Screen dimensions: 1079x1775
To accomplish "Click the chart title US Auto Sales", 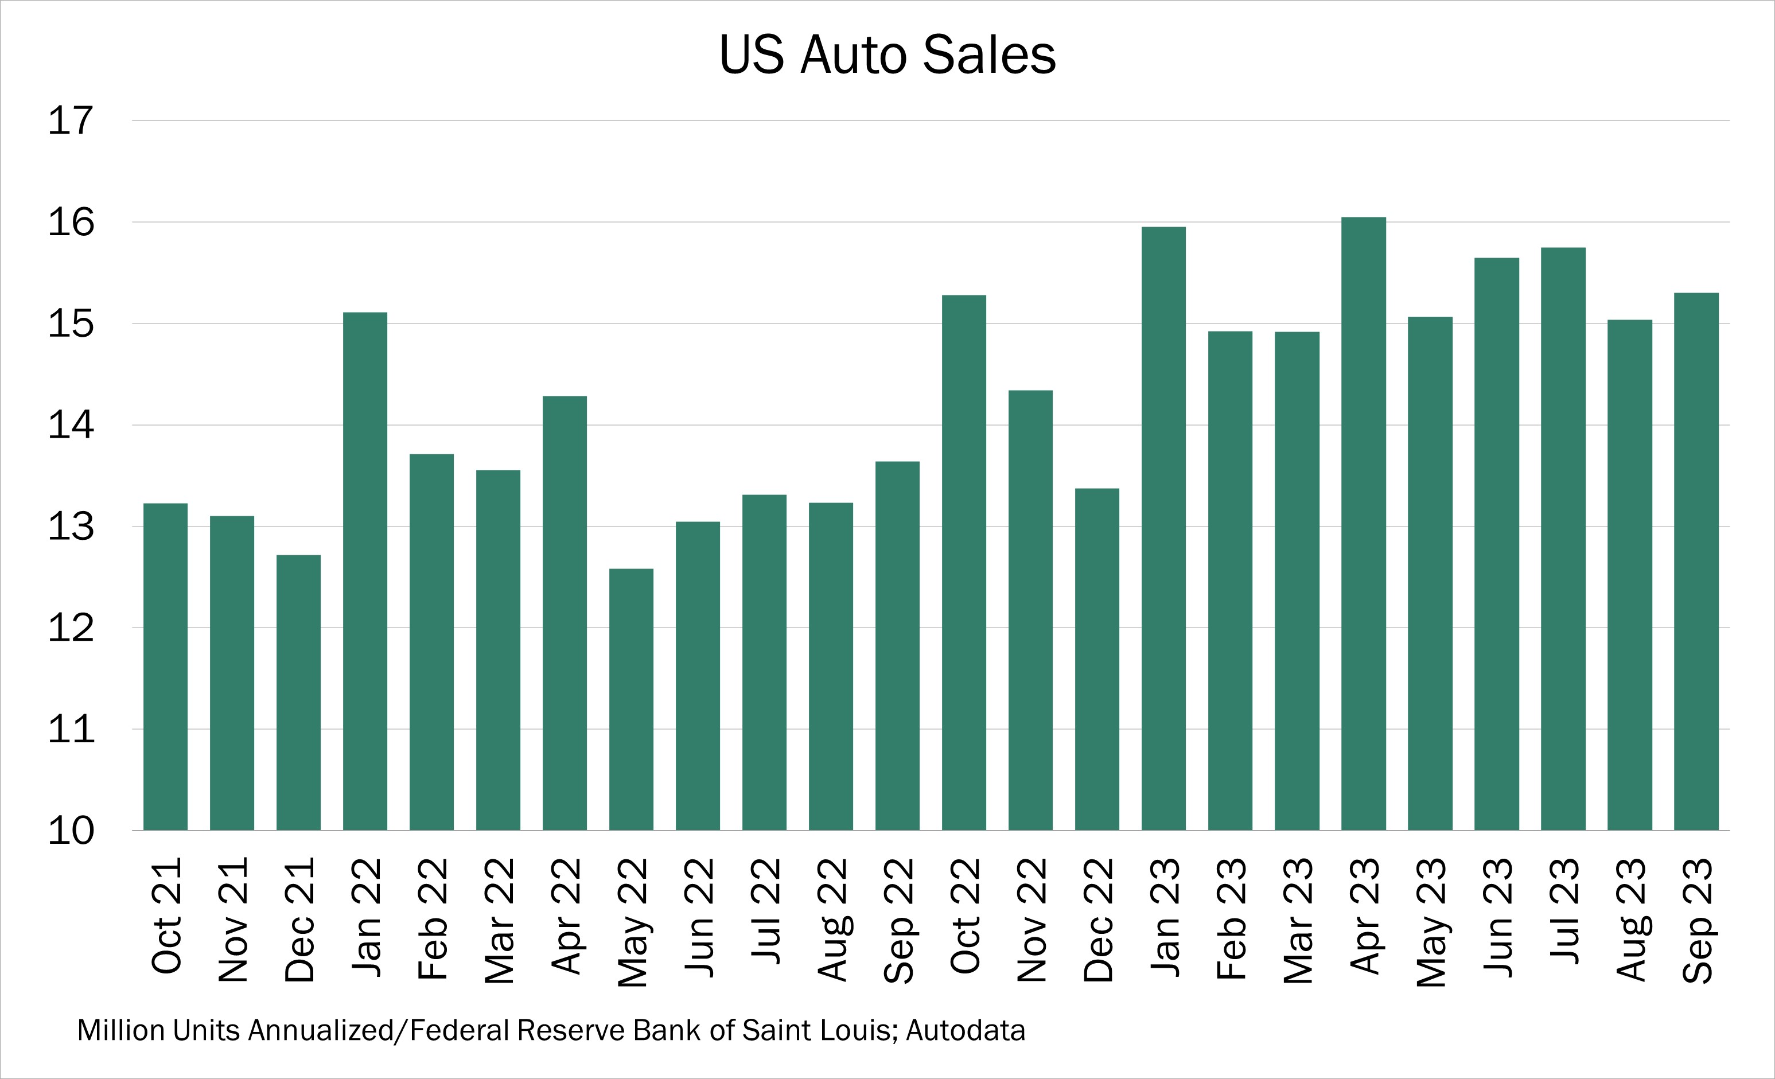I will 887,56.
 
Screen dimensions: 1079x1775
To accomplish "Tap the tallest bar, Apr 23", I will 1363,524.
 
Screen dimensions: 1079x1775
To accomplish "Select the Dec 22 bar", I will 1096,659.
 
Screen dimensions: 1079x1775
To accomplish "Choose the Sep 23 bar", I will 1696,561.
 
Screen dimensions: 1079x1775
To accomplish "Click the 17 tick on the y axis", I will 71,121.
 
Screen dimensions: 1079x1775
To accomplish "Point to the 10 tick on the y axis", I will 71,831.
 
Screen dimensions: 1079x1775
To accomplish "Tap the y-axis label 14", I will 71,425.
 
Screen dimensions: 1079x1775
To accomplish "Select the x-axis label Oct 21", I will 166,916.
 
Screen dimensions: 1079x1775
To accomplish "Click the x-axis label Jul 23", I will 1563,911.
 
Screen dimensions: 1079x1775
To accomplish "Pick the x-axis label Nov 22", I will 1030,920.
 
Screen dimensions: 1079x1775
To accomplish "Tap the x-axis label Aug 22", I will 831,920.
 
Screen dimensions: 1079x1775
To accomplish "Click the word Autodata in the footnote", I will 966,1031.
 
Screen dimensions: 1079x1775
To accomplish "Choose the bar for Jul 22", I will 764,662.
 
